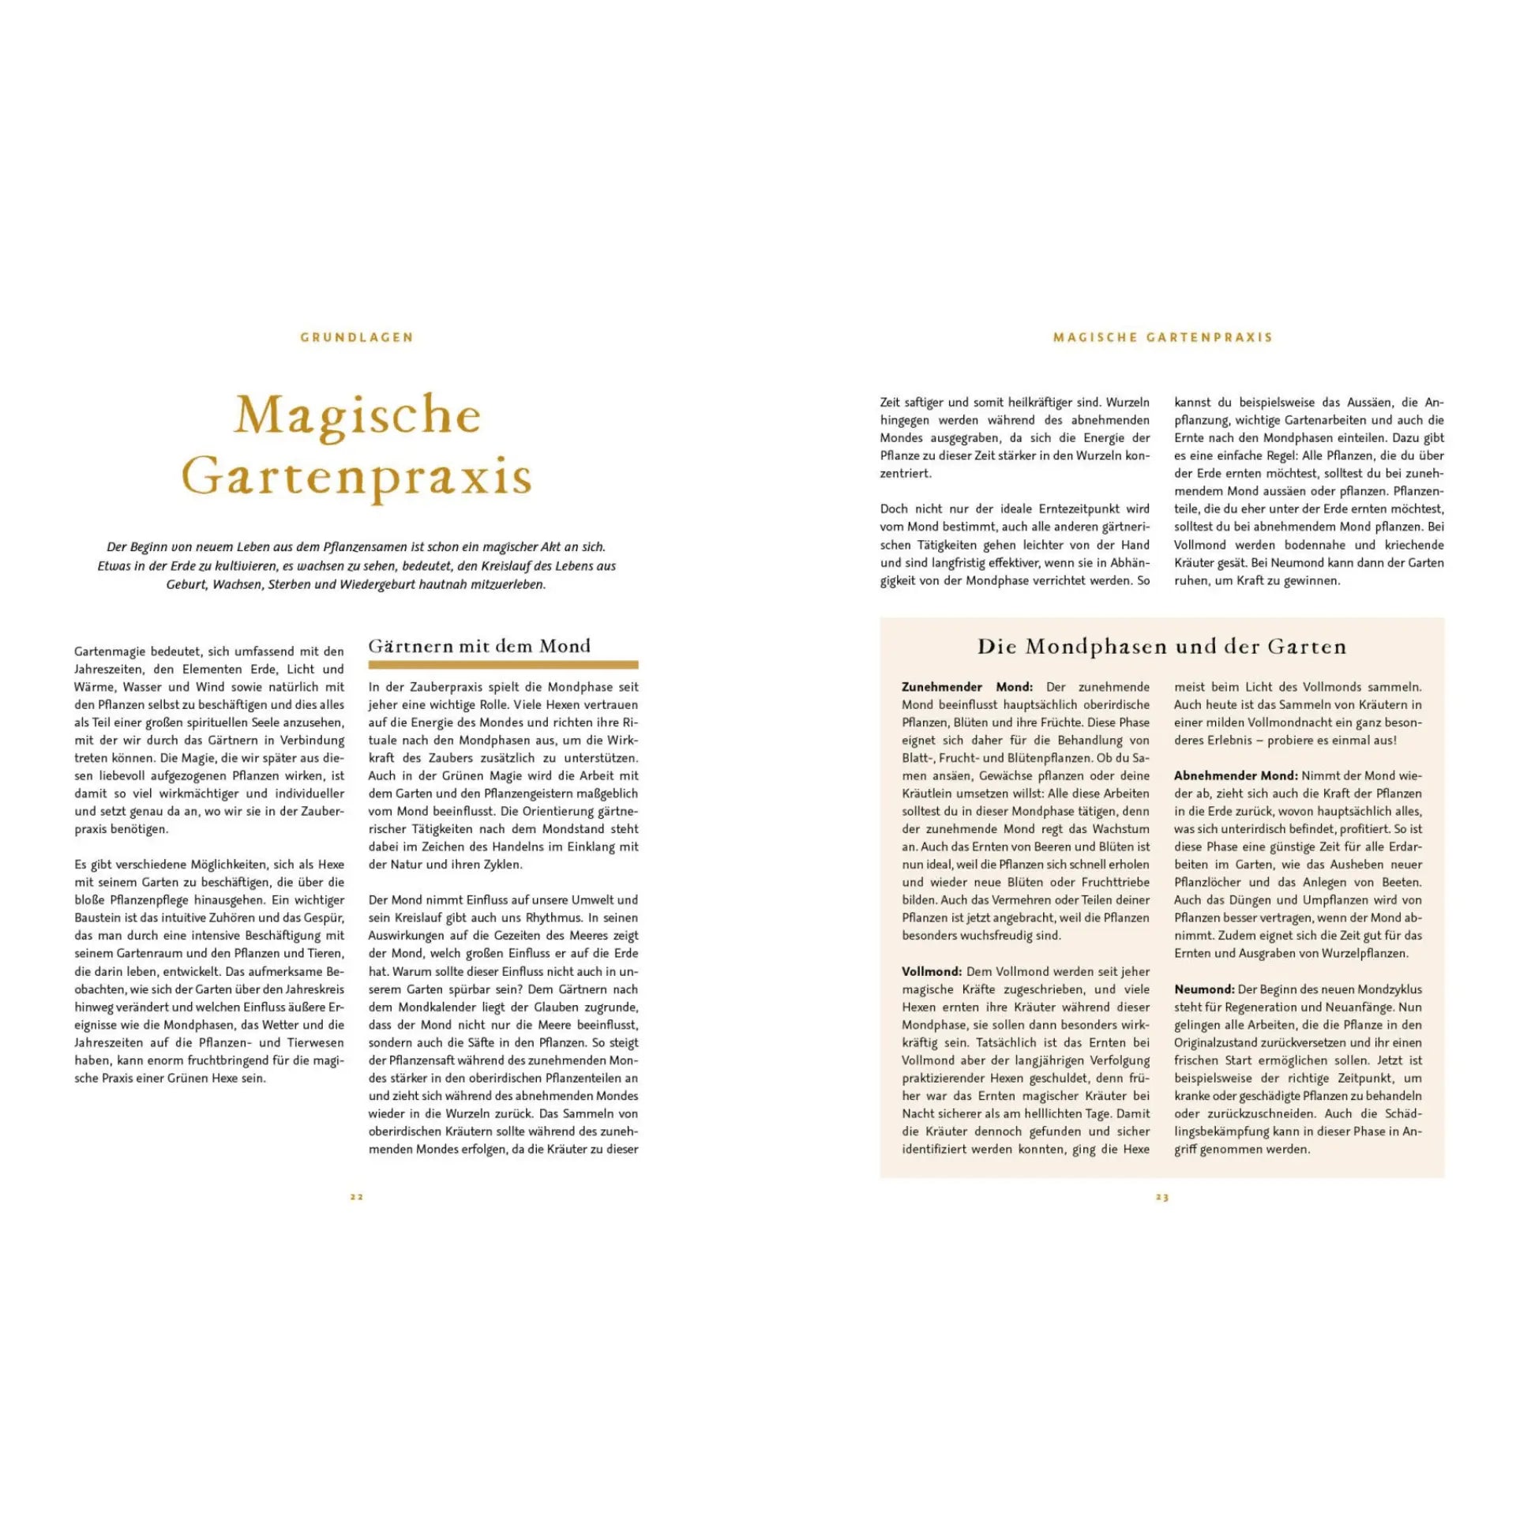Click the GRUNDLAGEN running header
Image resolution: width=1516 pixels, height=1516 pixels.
pos(357,337)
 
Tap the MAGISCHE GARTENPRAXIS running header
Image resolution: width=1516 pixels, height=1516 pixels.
pos(1163,337)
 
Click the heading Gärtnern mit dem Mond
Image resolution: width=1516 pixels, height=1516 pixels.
pos(479,646)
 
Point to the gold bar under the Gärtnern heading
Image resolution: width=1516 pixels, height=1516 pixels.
pos(503,665)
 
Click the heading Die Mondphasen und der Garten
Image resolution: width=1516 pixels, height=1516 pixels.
pos(1161,647)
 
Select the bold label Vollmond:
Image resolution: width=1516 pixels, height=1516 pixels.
pos(932,971)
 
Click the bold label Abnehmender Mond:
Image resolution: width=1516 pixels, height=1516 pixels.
pos(1236,775)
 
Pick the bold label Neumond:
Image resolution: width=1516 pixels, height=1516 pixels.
pos(1204,989)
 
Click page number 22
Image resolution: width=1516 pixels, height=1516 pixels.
pos(357,1197)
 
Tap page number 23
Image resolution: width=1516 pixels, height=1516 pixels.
pos(1162,1197)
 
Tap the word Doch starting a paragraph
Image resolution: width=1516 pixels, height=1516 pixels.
pos(894,509)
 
